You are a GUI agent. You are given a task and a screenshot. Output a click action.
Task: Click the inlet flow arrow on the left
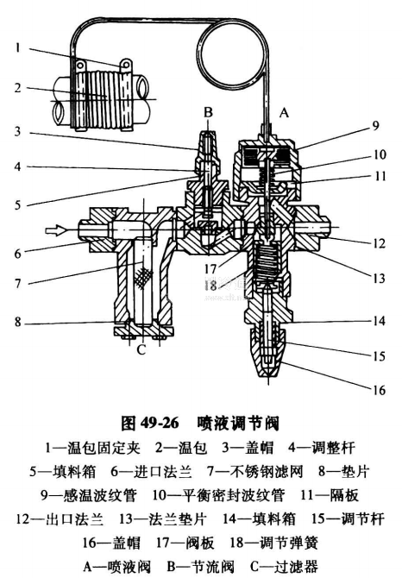click(x=56, y=230)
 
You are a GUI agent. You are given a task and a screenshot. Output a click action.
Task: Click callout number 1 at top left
click(x=17, y=47)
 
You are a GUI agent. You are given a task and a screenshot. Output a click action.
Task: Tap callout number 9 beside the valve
click(x=375, y=126)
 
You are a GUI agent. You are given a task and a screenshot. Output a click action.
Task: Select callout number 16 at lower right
click(x=379, y=390)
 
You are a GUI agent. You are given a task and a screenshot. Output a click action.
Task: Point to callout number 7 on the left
click(x=18, y=283)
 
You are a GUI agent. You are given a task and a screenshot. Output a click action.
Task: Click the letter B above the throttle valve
click(x=208, y=112)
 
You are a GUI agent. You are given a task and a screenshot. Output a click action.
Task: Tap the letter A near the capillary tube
click(x=284, y=112)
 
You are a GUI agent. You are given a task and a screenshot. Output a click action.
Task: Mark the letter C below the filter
click(x=141, y=349)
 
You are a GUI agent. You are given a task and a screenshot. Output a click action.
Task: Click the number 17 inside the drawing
click(x=210, y=268)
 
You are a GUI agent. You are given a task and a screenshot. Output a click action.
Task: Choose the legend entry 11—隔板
click(x=329, y=495)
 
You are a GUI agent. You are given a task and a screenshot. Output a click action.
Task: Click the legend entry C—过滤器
click(x=284, y=566)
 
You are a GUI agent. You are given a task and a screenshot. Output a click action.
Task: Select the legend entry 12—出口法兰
click(x=60, y=518)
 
